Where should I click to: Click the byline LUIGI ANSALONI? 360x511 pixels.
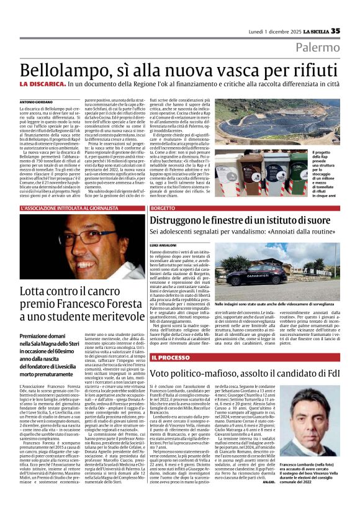click(164, 246)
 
